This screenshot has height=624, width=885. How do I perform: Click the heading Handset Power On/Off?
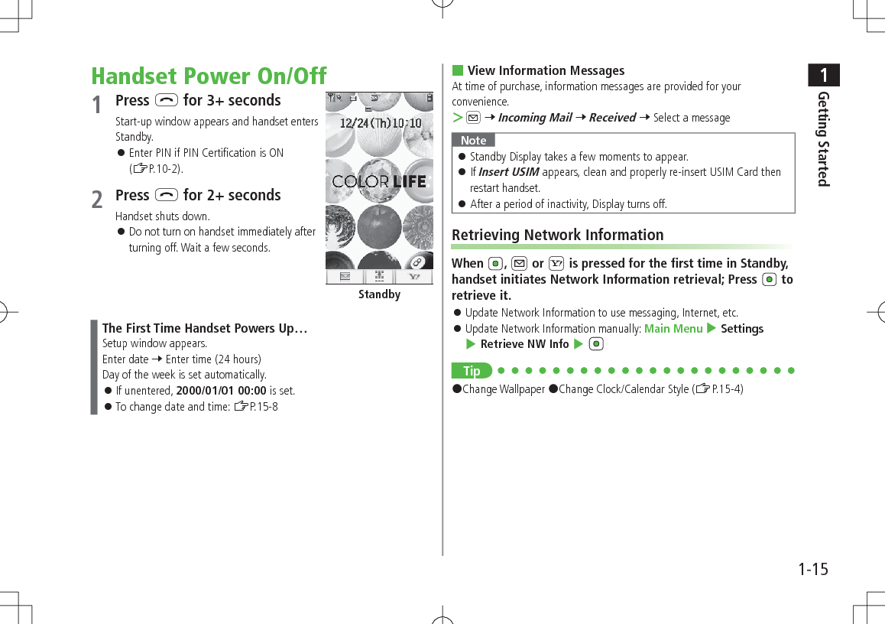[x=209, y=76]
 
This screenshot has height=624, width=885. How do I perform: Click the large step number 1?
[x=97, y=105]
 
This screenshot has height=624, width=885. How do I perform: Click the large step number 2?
[x=97, y=200]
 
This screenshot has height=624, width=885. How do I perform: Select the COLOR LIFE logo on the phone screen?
[x=379, y=182]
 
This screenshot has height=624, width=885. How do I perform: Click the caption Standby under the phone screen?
[x=379, y=294]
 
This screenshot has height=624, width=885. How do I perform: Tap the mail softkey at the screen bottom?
[x=344, y=277]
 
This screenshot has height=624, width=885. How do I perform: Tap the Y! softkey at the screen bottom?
[x=415, y=277]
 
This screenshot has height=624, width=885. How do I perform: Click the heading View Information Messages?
[x=545, y=70]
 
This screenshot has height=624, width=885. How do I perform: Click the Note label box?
[x=473, y=140]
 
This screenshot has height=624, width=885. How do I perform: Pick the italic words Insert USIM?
[x=508, y=172]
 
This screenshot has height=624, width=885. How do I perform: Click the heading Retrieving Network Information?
[x=557, y=235]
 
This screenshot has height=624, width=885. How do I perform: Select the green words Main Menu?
[x=673, y=329]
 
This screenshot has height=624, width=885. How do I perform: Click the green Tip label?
[x=472, y=371]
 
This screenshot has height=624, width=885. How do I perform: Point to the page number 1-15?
[x=812, y=569]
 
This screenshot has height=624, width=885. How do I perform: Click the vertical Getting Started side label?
[x=823, y=138]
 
